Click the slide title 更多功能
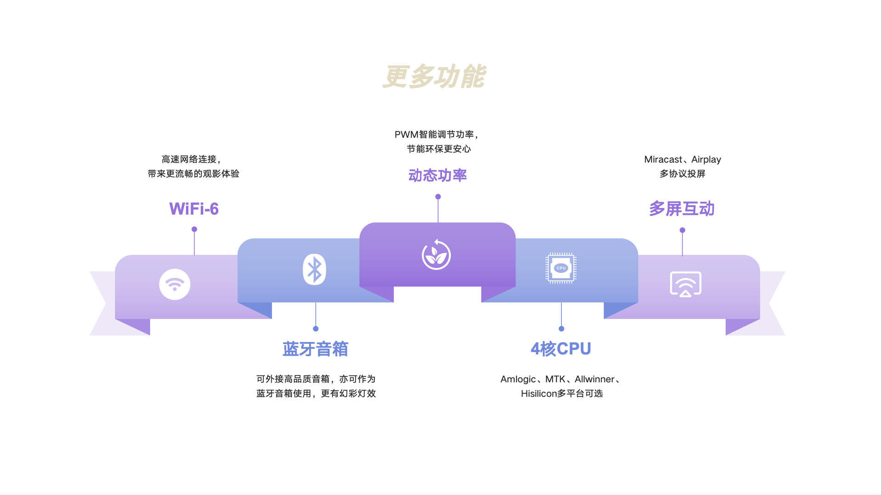pos(434,76)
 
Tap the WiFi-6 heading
pos(194,209)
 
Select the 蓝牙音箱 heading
pos(315,349)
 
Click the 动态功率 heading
pos(437,176)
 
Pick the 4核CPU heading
pos(560,349)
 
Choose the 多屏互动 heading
pos(682,209)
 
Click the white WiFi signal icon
pos(175,284)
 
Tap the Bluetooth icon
pos(314,269)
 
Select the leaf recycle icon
pos(436,255)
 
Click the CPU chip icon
pos(561,268)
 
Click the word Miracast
pos(663,159)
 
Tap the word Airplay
pos(706,159)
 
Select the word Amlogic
pos(518,379)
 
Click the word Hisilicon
pos(538,393)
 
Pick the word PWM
pos(406,135)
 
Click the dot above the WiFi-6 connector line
pos(194,229)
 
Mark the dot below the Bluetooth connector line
pos(316,329)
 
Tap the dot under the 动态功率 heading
pos(438,197)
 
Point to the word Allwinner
pos(594,379)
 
